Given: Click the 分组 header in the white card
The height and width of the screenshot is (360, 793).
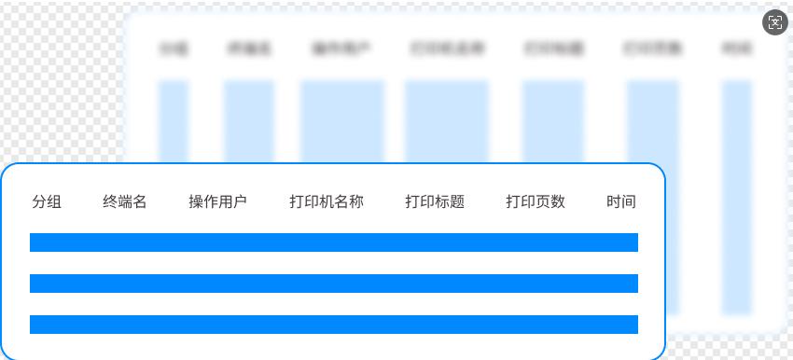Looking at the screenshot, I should (x=47, y=201).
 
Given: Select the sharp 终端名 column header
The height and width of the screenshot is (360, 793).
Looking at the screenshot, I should (x=125, y=201).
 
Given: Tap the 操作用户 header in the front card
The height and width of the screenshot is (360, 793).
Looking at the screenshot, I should (x=217, y=201).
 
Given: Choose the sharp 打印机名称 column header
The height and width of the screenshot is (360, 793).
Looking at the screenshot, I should (x=327, y=201).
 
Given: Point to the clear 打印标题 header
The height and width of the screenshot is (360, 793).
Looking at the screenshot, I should (x=435, y=201).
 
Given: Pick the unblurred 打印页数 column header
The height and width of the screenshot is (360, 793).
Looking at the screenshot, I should (x=536, y=201).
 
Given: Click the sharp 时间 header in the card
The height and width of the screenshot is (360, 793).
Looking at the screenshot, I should (x=621, y=201).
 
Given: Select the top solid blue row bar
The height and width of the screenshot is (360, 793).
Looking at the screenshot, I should (x=334, y=242).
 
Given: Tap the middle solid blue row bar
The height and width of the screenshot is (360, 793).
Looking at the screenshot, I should (x=334, y=284).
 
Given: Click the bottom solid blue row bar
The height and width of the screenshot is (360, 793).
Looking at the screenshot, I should (x=334, y=325).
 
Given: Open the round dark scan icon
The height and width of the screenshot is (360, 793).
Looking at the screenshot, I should (x=775, y=22).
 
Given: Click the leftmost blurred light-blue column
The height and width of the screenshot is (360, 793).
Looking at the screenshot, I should (x=174, y=121).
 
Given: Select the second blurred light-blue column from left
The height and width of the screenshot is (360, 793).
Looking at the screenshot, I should (x=249, y=121).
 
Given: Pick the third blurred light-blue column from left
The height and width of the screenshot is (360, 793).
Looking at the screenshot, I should (x=341, y=121).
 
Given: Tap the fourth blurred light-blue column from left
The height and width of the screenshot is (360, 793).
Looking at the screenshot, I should (x=446, y=121).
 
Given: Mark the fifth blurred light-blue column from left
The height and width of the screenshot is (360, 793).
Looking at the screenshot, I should (x=553, y=121).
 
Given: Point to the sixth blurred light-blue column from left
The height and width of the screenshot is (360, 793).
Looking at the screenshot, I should (x=653, y=121).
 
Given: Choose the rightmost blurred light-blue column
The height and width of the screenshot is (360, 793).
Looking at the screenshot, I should (x=737, y=121).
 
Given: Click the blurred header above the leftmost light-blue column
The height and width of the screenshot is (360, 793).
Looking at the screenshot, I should (x=174, y=49).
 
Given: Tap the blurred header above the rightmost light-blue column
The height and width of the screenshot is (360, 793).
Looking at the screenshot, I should (x=737, y=49).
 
